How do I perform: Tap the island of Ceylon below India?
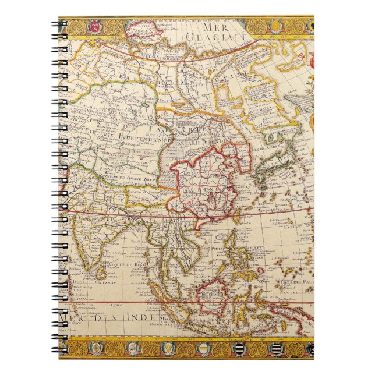pyautogui.click(x=103, y=272)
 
